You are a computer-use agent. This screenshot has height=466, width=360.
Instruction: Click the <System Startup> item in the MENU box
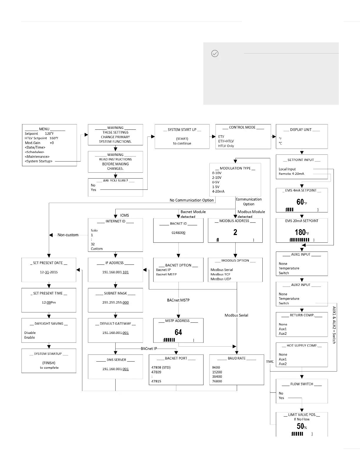click(39, 161)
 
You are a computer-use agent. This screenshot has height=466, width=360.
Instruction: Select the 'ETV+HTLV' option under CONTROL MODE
click(226, 141)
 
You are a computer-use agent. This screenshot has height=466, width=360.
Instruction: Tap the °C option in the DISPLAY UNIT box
click(280, 143)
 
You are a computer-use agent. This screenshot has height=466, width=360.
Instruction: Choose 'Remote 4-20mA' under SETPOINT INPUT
click(291, 174)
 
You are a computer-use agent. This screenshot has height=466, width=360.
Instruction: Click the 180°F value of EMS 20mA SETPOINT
click(301, 232)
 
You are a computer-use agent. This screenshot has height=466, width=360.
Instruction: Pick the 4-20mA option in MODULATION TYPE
click(218, 192)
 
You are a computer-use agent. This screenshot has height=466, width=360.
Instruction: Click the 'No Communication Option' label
click(191, 200)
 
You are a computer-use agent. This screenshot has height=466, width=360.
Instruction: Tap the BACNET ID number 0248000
click(178, 233)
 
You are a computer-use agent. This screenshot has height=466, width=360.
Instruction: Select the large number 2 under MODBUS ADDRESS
click(235, 232)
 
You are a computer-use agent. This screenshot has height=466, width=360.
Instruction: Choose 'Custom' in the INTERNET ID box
click(97, 249)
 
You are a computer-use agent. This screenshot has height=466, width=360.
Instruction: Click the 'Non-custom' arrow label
click(68, 235)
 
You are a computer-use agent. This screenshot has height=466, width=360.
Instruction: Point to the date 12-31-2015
click(49, 272)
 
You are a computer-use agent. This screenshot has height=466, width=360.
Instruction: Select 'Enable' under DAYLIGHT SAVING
click(30, 337)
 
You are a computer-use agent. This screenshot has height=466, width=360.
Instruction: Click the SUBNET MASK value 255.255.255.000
click(115, 302)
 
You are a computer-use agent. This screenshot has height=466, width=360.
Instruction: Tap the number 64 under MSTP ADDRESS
click(178, 332)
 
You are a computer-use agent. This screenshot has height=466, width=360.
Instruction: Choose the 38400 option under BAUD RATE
click(217, 377)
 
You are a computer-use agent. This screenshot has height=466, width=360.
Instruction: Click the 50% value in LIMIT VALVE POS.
click(301, 426)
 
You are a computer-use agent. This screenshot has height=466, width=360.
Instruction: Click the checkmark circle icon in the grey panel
click(215, 54)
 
